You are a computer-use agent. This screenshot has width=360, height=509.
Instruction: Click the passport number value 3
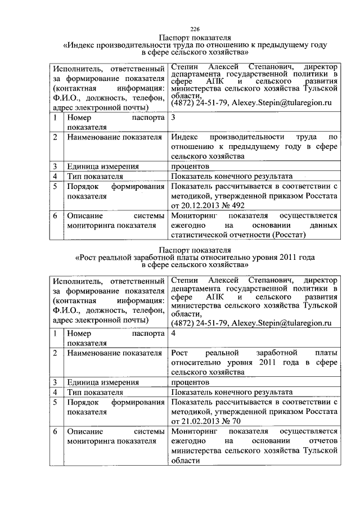[173, 118]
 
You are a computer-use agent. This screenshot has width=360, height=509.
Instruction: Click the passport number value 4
[173, 333]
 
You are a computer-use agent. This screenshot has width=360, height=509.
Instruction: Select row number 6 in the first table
[55, 215]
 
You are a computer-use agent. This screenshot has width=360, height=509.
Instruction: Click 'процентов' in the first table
[190, 166]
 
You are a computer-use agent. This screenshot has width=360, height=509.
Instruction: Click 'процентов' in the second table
[190, 382]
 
